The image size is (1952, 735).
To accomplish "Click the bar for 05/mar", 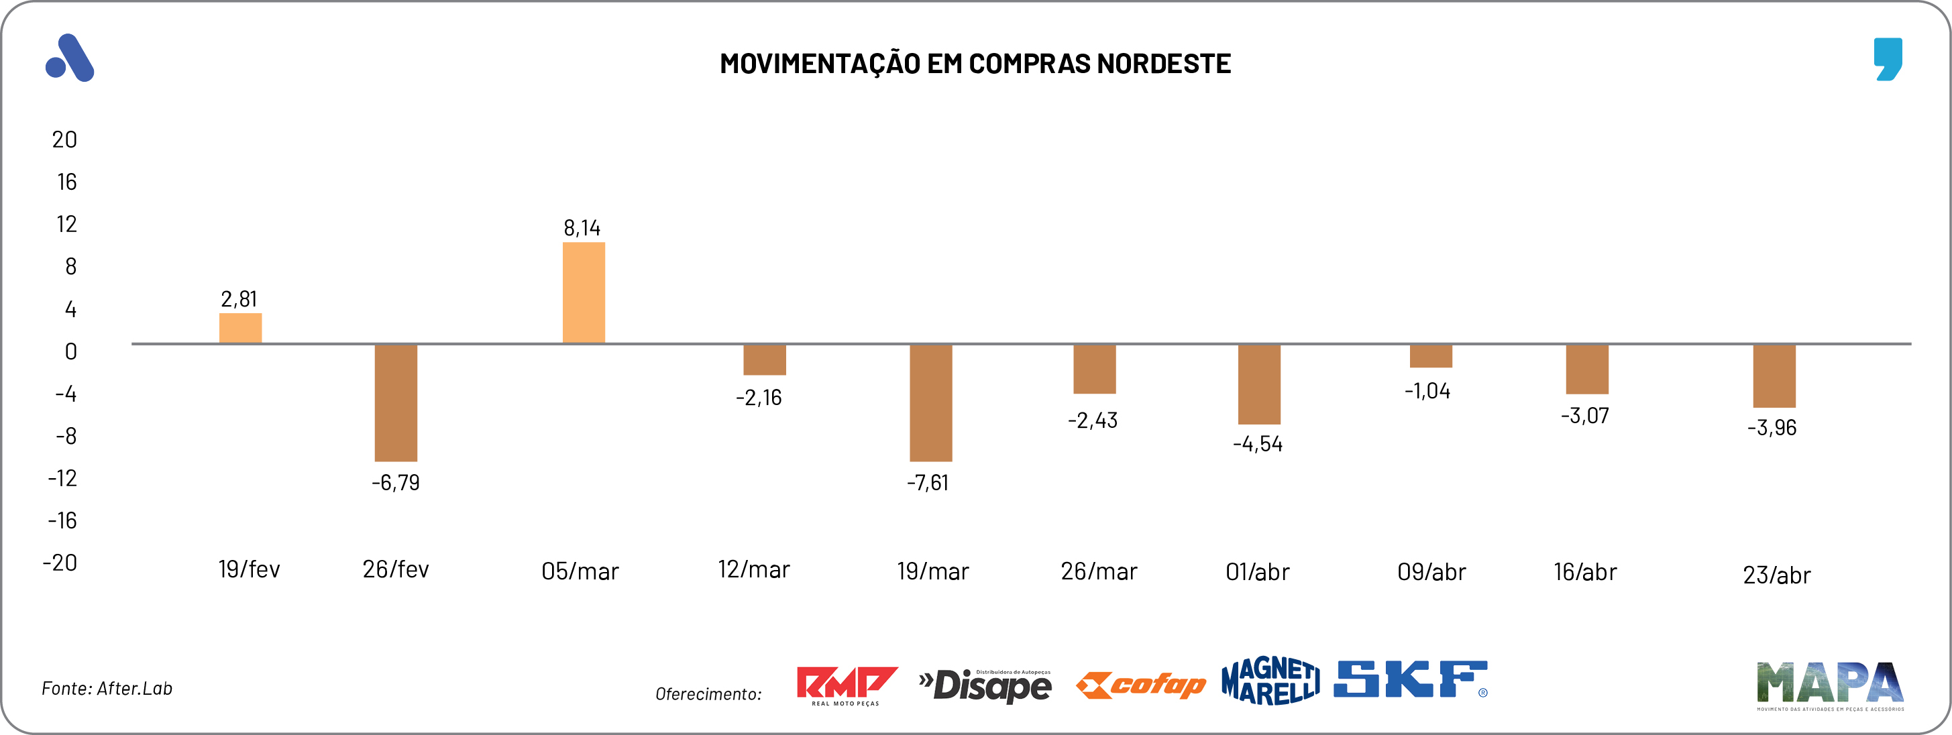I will [x=584, y=292].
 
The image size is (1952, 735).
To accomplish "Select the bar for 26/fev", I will [x=396, y=402].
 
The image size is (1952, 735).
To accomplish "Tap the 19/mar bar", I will [x=930, y=402].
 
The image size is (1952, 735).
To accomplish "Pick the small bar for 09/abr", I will [x=1431, y=356].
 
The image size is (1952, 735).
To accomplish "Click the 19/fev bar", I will [x=240, y=328].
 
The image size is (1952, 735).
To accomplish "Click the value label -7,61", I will [x=928, y=483].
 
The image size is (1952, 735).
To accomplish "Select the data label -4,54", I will [x=1257, y=444].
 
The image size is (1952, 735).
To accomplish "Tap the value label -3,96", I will [x=1772, y=427].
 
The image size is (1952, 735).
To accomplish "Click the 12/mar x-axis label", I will [x=753, y=569].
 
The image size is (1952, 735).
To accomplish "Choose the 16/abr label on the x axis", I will [x=1584, y=571].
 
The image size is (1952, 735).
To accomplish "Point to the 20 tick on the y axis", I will [x=64, y=139].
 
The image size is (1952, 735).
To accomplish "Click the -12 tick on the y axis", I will [x=62, y=478].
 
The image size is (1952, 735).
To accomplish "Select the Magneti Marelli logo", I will [x=1270, y=681].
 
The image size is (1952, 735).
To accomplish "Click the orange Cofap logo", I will [x=1140, y=685].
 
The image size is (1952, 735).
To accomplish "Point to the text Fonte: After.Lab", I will [x=107, y=688].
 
